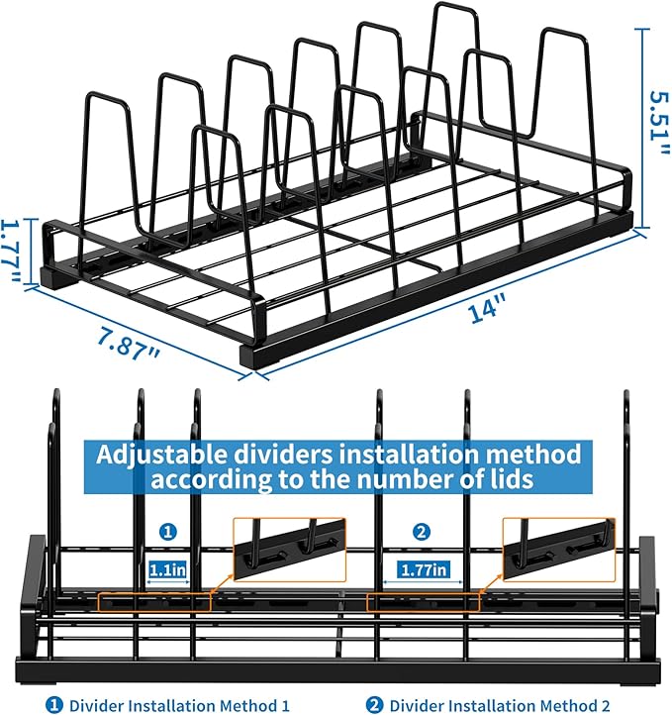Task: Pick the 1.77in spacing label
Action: pos(423,569)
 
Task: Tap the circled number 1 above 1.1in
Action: pos(168,533)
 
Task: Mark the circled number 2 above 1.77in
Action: pos(423,533)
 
